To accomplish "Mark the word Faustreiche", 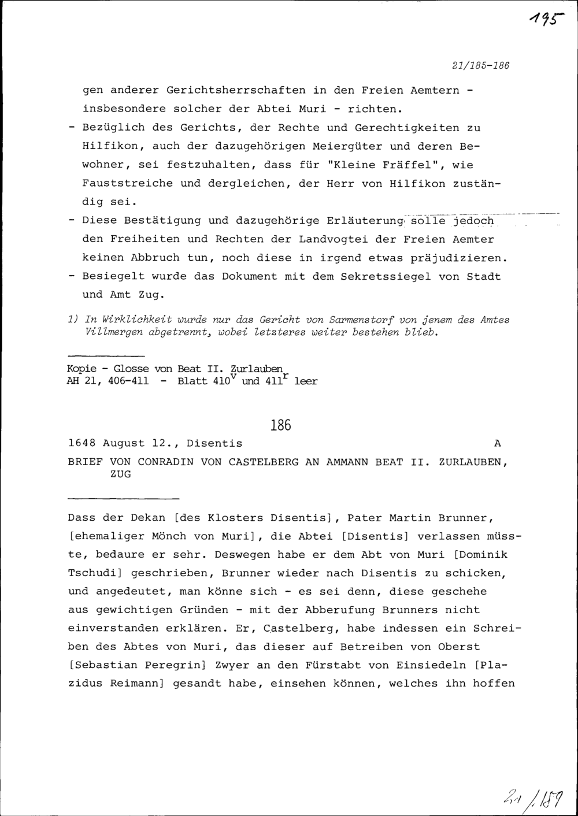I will click(x=128, y=183).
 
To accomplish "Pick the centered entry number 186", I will click(x=280, y=426).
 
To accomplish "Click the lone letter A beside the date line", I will click(x=498, y=443).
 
